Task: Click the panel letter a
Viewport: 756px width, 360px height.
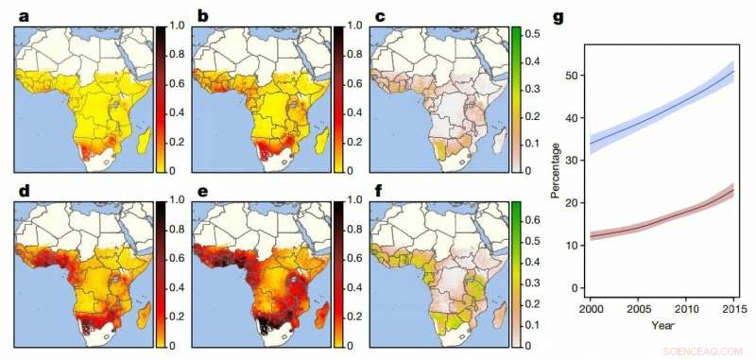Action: [x=19, y=15]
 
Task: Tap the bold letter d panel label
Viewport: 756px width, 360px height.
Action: [x=19, y=190]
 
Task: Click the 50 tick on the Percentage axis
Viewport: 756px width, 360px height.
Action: [x=570, y=76]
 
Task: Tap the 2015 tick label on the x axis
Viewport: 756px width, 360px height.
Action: [x=732, y=310]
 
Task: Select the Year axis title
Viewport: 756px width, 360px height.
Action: [x=661, y=325]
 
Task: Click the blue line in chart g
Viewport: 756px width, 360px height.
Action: [x=661, y=113]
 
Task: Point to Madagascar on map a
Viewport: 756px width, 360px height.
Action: [x=145, y=142]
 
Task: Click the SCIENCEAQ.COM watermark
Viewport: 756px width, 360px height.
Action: [x=704, y=349]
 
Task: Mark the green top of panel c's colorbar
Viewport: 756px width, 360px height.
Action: [x=517, y=33]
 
